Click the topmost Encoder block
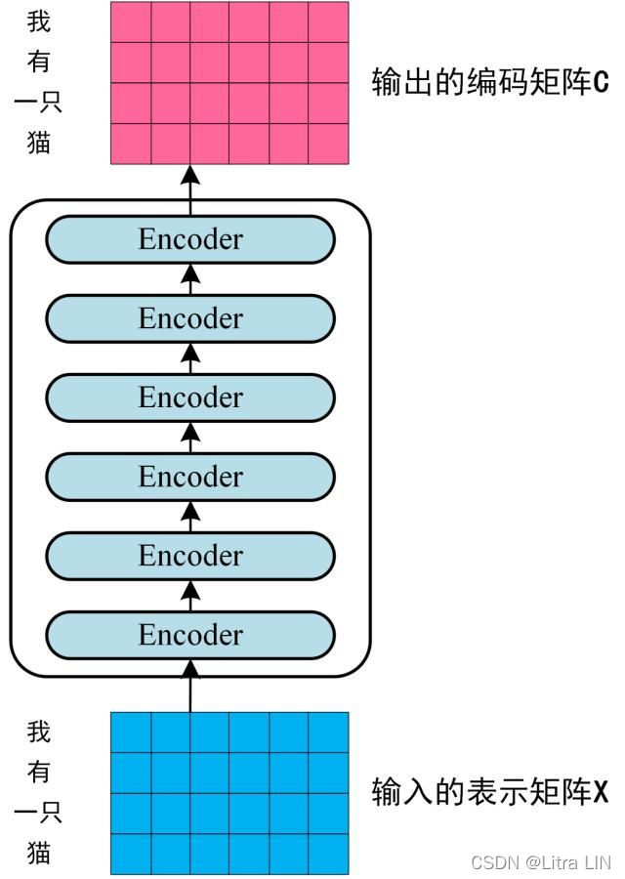point(190,239)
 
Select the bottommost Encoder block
point(190,635)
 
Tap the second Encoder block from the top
point(190,318)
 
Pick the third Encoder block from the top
point(190,398)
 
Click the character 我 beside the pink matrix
point(38,21)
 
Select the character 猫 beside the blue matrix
point(38,853)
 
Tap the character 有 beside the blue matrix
point(38,772)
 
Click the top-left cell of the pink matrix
point(131,21)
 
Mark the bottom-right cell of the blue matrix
point(328,855)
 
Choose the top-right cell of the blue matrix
point(328,732)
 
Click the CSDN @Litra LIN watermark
point(540,862)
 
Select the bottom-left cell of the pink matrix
point(131,144)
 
